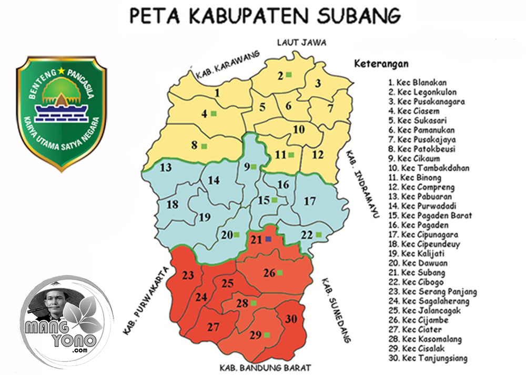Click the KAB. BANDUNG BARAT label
pos(266,367)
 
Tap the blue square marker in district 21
pos(268,239)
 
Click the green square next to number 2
pos(289,75)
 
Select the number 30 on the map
pos(291,319)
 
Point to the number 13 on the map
pos(166,168)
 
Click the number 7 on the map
pos(330,109)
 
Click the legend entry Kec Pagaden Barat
pos(430,216)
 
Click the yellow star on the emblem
pos(62,70)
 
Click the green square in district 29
pos(267,335)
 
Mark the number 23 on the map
pos(188,275)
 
